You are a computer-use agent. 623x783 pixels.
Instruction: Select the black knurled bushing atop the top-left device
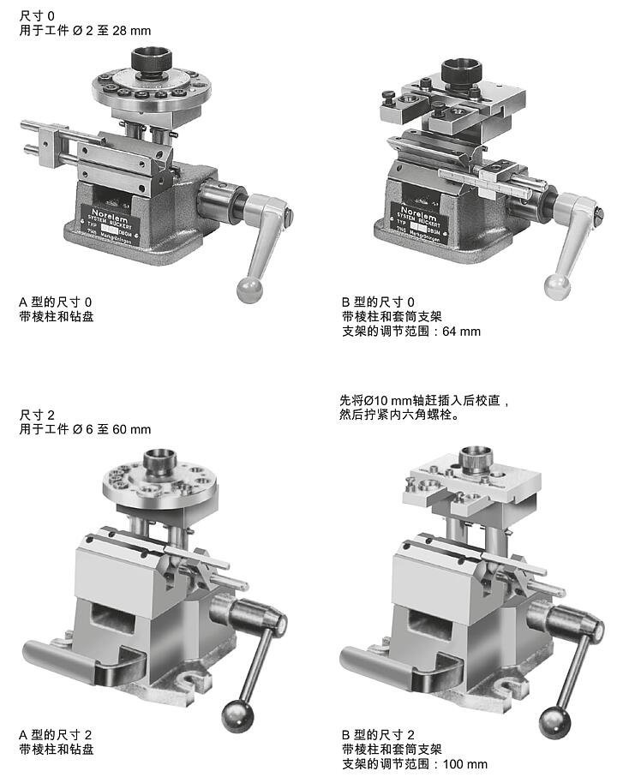pos(153,62)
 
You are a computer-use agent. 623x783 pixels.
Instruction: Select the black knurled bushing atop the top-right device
pos(461,73)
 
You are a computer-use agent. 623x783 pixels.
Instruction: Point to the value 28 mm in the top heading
pos(138,31)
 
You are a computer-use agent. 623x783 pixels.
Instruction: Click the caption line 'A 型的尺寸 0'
pos(55,302)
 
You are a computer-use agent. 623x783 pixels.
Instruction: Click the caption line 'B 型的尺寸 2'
pos(378,735)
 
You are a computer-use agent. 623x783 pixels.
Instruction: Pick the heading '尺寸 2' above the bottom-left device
pos(37,415)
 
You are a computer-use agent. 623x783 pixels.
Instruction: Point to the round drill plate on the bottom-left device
pos(160,481)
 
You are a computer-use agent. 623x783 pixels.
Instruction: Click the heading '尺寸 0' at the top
pos(37,16)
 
